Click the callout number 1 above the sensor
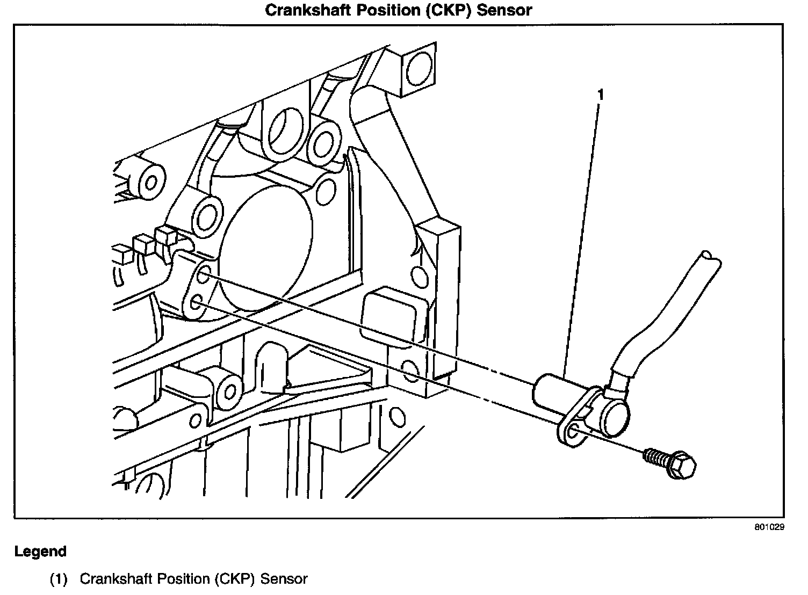point(601,95)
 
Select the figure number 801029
point(769,527)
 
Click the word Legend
point(40,552)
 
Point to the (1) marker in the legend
point(59,579)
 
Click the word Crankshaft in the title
point(308,10)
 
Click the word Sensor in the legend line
point(284,579)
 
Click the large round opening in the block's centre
point(266,249)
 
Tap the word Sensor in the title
point(504,10)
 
